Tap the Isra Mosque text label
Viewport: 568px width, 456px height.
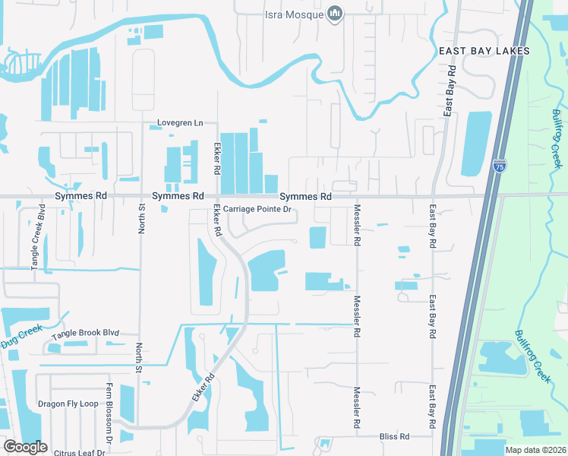click(x=294, y=14)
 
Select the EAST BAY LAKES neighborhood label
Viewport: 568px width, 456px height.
click(x=483, y=51)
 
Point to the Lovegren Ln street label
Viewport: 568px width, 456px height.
click(x=181, y=122)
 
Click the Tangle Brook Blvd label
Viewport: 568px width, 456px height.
click(x=86, y=334)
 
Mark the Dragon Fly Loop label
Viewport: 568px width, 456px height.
click(x=68, y=404)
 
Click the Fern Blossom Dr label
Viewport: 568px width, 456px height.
click(x=109, y=422)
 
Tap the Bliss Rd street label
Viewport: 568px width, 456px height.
click(x=394, y=437)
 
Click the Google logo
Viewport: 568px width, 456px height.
click(x=25, y=447)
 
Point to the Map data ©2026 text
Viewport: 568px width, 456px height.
click(x=535, y=450)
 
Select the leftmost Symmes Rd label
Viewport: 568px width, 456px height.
click(x=80, y=196)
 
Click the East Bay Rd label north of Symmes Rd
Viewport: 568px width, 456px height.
click(x=451, y=90)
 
